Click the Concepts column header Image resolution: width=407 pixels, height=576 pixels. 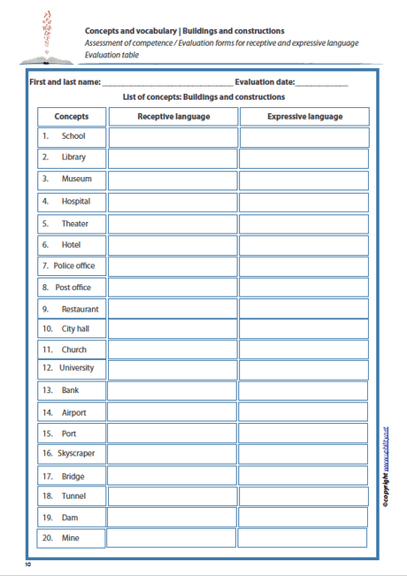click(71, 117)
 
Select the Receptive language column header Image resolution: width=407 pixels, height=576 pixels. click(173, 117)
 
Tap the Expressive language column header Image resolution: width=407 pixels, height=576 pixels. click(303, 117)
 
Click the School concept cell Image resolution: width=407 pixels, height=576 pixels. click(71, 137)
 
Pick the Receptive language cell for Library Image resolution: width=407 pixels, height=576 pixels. click(173, 158)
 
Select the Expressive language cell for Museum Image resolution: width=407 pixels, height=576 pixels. click(303, 180)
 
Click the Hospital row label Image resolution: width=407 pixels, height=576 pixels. click(71, 202)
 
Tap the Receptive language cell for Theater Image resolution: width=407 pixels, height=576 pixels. click(173, 224)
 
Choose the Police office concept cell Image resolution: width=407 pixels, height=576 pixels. click(71, 265)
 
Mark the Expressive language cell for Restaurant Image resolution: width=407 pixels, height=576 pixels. click(303, 309)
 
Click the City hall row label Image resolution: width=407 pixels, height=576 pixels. click(71, 329)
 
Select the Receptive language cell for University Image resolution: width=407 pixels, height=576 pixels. click(173, 369)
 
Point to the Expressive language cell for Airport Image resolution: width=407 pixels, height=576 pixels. click(303, 412)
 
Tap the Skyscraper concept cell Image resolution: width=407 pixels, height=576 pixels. click(71, 453)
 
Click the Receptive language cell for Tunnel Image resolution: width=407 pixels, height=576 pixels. click(173, 496)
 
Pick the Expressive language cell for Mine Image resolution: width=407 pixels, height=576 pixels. click(303, 538)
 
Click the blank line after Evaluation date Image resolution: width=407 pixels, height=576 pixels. click(322, 84)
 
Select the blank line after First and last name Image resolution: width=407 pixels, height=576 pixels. click(167, 84)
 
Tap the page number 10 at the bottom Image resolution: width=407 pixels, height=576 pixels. click(28, 564)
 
